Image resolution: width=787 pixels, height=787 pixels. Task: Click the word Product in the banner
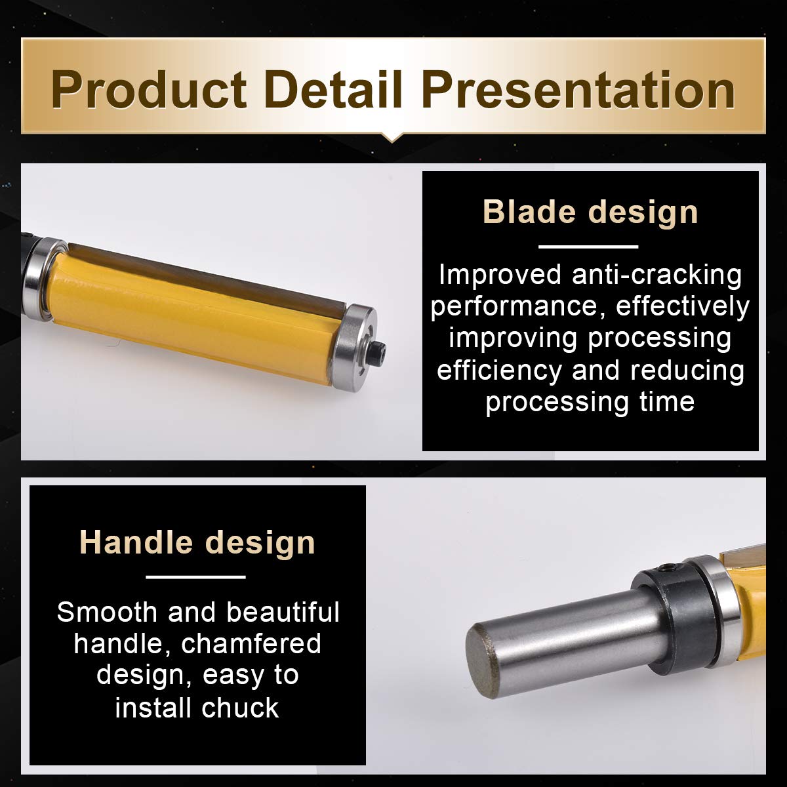point(149,89)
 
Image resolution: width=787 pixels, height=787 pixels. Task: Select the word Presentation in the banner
point(578,89)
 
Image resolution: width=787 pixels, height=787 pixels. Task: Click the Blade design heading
point(590,212)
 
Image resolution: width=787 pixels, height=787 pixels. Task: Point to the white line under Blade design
point(588,247)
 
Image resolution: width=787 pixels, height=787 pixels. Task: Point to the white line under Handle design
point(195,577)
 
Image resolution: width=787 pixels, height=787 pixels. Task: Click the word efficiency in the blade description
point(500,371)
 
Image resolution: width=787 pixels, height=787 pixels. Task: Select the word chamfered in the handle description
point(251,644)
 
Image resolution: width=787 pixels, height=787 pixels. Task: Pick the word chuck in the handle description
point(240,708)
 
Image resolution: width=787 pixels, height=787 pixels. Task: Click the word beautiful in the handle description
point(283,612)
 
